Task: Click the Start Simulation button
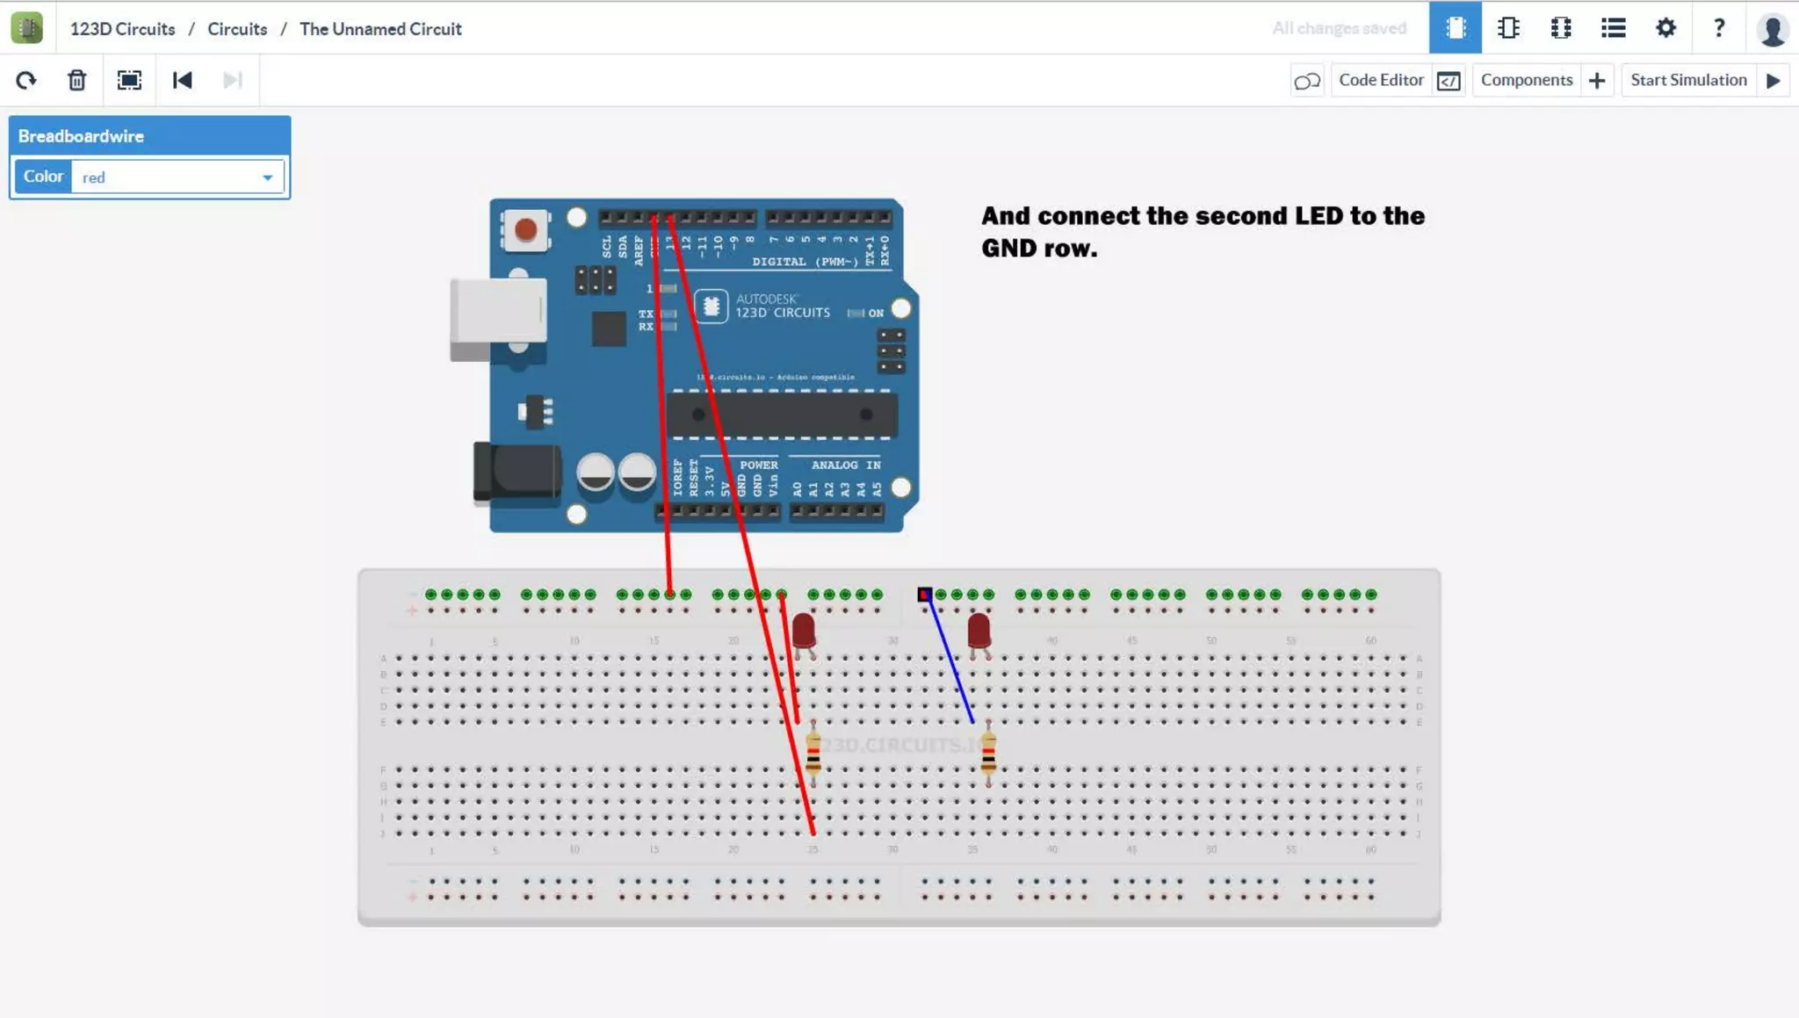click(x=1687, y=80)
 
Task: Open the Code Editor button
click(x=1381, y=80)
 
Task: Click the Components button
click(x=1526, y=80)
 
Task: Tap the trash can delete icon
click(x=77, y=81)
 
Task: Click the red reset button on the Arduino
click(x=525, y=230)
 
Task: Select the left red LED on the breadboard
click(x=804, y=630)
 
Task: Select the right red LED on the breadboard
click(x=979, y=630)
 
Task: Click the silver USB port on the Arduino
click(x=498, y=311)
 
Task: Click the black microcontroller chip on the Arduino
click(x=781, y=415)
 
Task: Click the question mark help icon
click(x=1718, y=28)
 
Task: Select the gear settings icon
click(x=1665, y=28)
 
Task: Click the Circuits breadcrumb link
click(x=237, y=29)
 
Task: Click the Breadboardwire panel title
click(x=81, y=136)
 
